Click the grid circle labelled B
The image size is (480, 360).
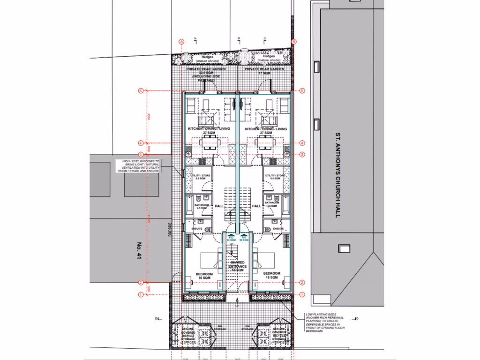pos(294,42)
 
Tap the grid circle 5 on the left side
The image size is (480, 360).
pos(140,91)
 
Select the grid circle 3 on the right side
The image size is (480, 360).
pos(302,154)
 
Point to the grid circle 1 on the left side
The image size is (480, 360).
pos(140,294)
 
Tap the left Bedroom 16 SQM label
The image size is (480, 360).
pos(204,276)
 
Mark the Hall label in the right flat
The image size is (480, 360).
pos(256,206)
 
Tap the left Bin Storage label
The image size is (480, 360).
pos(220,328)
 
